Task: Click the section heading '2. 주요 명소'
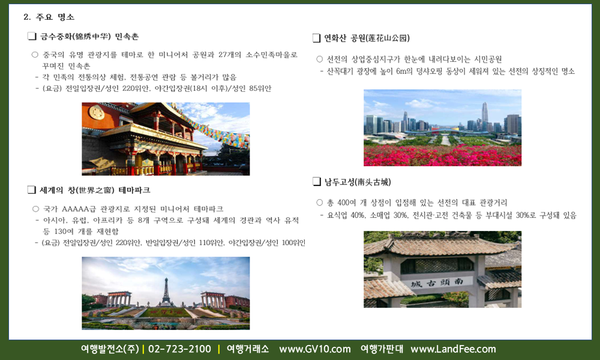tap(49, 17)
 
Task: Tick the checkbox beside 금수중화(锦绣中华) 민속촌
tap(32, 37)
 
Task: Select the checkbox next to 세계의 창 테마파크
tap(32, 190)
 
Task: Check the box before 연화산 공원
tap(316, 38)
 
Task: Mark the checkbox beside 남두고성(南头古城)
tap(316, 182)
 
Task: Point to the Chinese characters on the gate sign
tap(437, 283)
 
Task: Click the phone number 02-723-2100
tap(179, 349)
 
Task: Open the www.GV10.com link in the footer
tap(315, 349)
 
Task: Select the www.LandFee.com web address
tap(453, 349)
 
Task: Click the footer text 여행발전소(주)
tap(110, 349)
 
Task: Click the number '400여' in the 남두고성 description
tap(347, 203)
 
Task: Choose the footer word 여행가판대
tap(382, 349)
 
